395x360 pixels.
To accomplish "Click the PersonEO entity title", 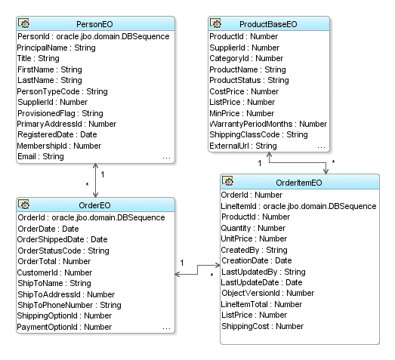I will (95, 23).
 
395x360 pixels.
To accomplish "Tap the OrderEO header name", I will (95, 205).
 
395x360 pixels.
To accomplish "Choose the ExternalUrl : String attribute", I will (243, 145).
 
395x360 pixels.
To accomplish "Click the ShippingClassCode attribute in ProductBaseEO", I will (259, 134).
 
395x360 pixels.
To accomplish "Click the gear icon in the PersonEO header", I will (26, 23).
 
